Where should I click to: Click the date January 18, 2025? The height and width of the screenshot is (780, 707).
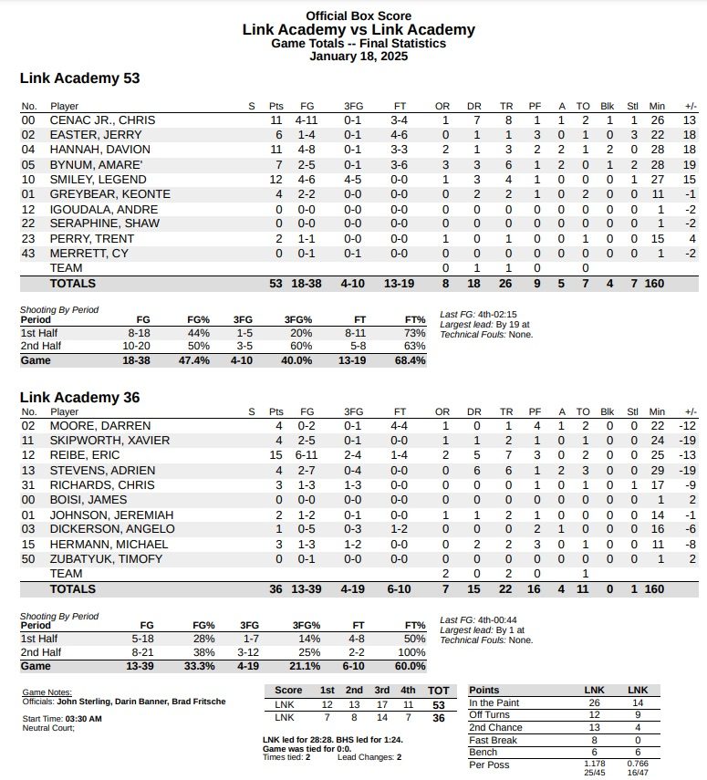(x=359, y=56)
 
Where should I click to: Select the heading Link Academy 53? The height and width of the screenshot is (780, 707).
(x=79, y=78)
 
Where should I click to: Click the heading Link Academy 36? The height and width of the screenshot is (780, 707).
(x=79, y=398)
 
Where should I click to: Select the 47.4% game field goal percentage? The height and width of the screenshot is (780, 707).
(x=197, y=360)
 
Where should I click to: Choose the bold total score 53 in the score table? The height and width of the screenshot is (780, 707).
(x=439, y=705)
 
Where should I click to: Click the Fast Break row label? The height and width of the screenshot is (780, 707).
(x=493, y=741)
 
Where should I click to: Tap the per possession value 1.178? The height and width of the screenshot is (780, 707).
(x=594, y=763)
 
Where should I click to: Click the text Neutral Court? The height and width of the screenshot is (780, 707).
(x=48, y=728)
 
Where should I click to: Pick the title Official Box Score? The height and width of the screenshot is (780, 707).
(x=359, y=16)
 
